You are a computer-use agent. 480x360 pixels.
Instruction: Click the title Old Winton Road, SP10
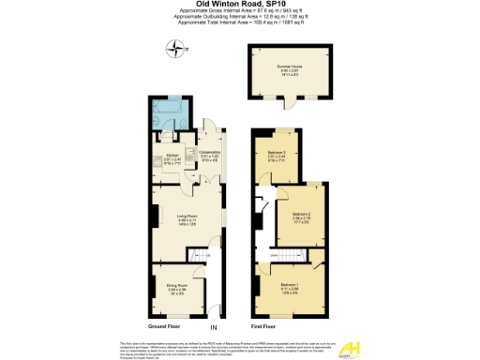tap(240, 6)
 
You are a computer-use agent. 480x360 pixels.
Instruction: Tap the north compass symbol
tap(173, 49)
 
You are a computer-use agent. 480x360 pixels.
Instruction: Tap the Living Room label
tap(187, 217)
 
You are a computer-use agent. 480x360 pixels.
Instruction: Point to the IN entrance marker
tap(213, 327)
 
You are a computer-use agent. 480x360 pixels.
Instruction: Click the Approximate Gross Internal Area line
tap(240, 12)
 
